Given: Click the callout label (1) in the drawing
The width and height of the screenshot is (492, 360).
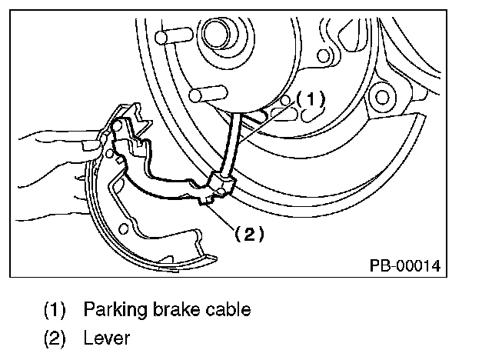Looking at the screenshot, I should [312, 99].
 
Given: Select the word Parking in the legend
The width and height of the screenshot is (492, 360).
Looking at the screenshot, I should [113, 310].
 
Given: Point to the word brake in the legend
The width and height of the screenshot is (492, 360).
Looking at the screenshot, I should [176, 310].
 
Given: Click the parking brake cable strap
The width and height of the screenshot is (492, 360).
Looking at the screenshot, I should [231, 146].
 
